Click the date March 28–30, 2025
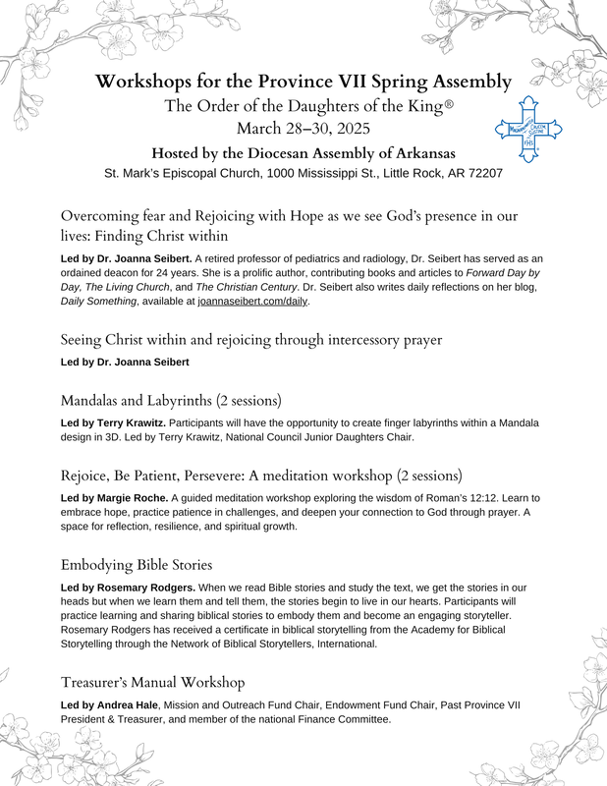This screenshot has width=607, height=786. (303, 128)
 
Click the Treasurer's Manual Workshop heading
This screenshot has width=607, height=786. (152, 681)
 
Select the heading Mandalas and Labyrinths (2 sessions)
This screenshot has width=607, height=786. (171, 401)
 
